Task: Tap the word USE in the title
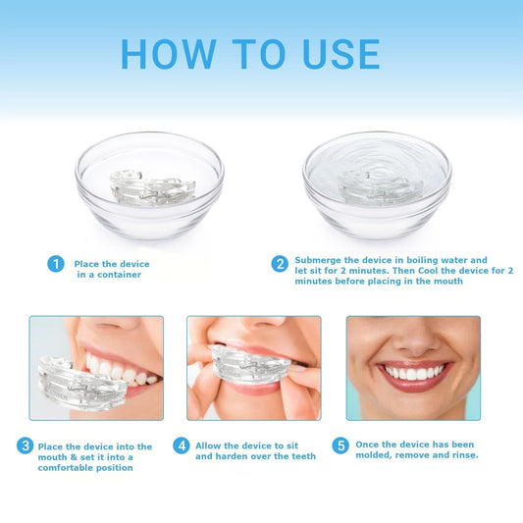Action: click(341, 54)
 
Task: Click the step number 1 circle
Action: click(56, 264)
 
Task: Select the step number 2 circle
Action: click(280, 264)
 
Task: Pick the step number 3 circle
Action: click(25, 445)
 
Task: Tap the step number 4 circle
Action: click(182, 445)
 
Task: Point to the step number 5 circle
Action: click(340, 445)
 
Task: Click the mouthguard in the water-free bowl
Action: click(152, 188)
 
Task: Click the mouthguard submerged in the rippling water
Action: click(381, 187)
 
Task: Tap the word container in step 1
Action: click(119, 275)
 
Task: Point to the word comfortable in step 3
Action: click(66, 468)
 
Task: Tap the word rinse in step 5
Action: click(465, 455)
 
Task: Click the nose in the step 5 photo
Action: click(414, 338)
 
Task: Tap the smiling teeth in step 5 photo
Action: click(415, 373)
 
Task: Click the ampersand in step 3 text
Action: click(74, 457)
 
